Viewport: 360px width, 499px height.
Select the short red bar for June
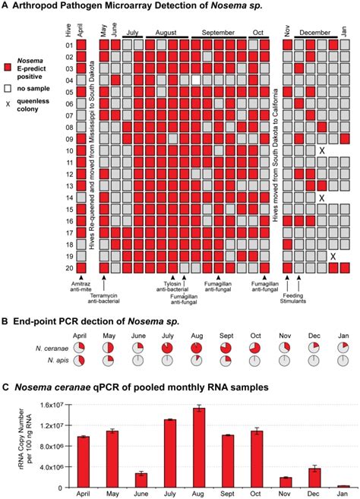(x=141, y=479)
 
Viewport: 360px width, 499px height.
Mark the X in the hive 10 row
(x=322, y=151)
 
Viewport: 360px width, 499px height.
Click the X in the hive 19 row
(x=333, y=256)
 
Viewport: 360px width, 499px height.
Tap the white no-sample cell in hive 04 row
(x=196, y=79)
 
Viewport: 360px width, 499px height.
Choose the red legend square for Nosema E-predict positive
(x=8, y=68)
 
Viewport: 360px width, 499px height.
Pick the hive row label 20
(x=68, y=267)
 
